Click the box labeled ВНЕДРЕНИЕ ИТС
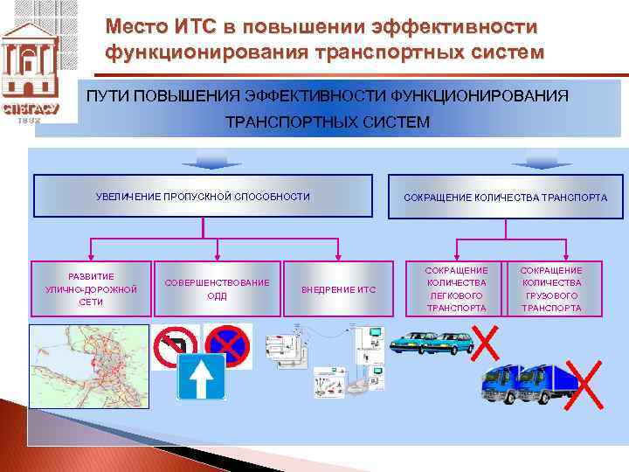[x=338, y=289]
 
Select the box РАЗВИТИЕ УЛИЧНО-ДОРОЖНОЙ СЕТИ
[x=91, y=288]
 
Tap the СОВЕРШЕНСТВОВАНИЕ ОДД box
[x=218, y=289]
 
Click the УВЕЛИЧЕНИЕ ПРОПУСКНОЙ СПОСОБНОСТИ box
[x=203, y=197]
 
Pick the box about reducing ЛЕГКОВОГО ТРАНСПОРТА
[x=456, y=289]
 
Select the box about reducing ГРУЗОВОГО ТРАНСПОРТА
[x=551, y=289]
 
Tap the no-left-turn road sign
[x=175, y=348]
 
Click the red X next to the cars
[x=485, y=342]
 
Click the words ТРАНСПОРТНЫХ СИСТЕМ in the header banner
[x=328, y=122]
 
